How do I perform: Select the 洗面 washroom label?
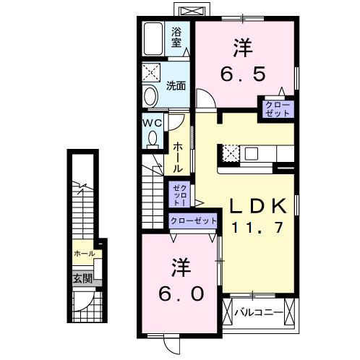tap(176, 85)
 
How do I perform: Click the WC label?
tap(151, 123)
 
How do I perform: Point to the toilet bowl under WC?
tap(152, 140)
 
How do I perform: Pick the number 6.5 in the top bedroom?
tap(243, 74)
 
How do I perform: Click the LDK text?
tap(259, 206)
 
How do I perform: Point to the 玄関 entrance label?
tap(81, 278)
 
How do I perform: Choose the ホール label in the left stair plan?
tap(84, 254)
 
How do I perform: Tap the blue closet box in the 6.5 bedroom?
tap(278, 110)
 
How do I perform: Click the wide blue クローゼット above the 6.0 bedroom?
tap(193, 220)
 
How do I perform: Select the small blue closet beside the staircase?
tap(178, 194)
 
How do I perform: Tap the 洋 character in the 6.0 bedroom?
tap(181, 268)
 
